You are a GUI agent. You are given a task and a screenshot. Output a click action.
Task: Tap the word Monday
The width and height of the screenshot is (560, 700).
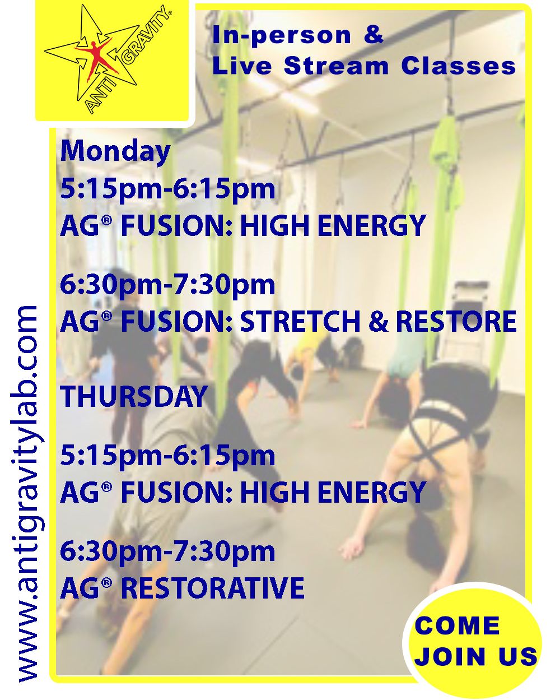pos(115,152)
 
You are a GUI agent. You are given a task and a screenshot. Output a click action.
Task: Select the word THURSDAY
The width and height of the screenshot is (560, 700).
pos(134,396)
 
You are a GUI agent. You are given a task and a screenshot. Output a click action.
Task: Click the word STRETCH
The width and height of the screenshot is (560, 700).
pos(300,321)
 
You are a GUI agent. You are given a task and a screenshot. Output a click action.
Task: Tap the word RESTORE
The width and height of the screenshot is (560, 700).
pos(456,321)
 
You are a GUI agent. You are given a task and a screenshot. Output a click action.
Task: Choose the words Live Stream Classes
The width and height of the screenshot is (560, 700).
pos(365,66)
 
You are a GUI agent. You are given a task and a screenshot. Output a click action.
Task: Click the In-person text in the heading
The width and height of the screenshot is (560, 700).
pos(282,36)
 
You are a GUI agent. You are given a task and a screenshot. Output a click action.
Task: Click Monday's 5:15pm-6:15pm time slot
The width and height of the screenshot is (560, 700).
pos(167,189)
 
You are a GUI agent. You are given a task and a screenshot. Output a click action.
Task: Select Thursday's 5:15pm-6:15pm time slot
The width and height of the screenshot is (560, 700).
pos(167,456)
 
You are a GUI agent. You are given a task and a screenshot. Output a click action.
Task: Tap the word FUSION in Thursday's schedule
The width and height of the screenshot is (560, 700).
pos(176,492)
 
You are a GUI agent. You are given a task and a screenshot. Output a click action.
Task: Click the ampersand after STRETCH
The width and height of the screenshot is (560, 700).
pos(379,321)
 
